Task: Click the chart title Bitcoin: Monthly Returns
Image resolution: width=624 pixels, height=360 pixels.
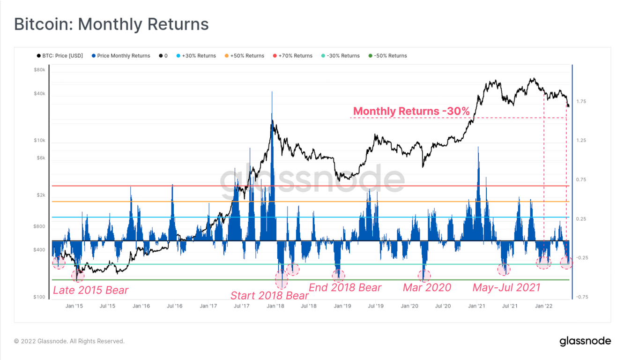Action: point(111,24)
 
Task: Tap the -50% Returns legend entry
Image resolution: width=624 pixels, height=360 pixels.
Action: point(390,56)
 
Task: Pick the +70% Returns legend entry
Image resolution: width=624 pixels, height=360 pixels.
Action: point(295,56)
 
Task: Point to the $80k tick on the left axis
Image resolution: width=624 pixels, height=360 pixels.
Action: point(39,70)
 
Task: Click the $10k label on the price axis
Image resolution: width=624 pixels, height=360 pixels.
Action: point(39,141)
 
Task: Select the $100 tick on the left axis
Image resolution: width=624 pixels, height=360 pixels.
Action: point(39,297)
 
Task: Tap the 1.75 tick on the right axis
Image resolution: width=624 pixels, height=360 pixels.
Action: point(581,101)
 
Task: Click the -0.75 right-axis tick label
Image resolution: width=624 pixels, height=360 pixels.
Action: point(582,297)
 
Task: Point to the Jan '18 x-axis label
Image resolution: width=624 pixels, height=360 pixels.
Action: point(275,306)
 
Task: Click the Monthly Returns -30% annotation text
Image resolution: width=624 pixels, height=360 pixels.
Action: point(411,111)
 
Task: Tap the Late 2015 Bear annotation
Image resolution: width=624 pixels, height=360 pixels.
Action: point(90,290)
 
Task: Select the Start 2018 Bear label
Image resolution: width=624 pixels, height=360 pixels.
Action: point(269,295)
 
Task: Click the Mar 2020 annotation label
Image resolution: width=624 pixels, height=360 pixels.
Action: point(427,287)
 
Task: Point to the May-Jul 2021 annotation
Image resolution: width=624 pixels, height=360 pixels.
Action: point(506,287)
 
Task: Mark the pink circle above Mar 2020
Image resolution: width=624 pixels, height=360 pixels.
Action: point(424,276)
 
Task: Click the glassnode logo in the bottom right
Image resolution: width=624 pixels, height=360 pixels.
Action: point(585,341)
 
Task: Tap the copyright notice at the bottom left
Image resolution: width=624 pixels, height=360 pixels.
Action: point(69,341)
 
